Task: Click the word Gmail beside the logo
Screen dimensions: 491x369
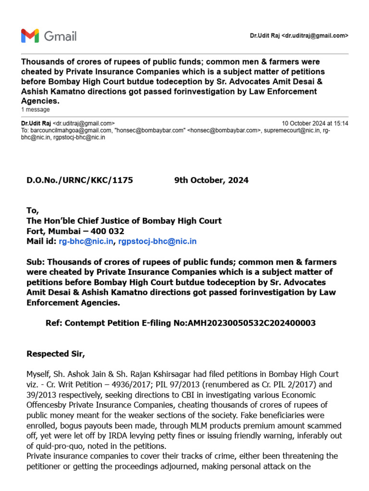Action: tap(60, 36)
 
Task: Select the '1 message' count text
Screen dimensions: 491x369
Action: tap(35, 110)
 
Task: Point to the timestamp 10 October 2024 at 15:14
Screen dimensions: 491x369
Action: tap(315, 123)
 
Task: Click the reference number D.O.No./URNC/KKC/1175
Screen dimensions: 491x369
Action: tap(79, 180)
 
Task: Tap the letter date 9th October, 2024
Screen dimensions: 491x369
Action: tap(211, 180)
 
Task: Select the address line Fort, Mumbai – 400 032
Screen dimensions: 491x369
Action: tap(75, 231)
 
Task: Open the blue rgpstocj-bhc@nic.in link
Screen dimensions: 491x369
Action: tap(158, 241)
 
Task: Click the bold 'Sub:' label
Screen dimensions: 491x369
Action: tap(36, 262)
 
